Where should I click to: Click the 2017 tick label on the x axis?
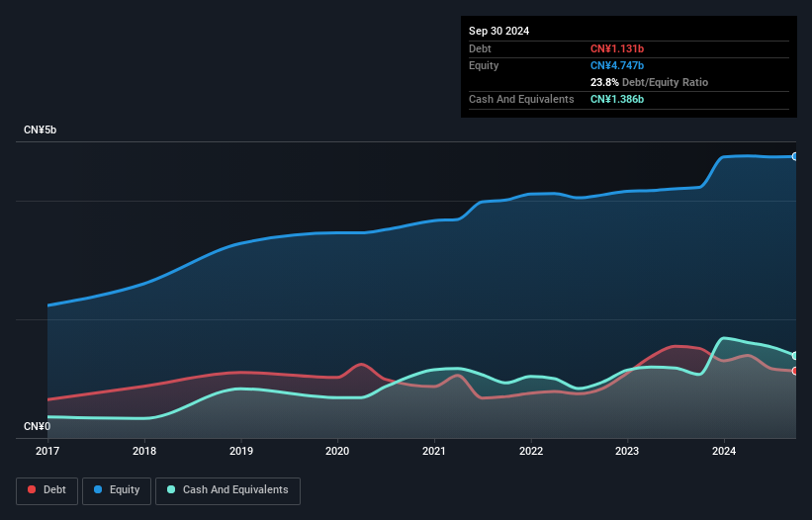click(47, 451)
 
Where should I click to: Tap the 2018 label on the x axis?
click(144, 451)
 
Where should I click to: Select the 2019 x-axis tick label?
click(240, 451)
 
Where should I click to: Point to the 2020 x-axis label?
click(337, 451)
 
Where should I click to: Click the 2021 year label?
click(433, 451)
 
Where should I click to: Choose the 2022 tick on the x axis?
click(530, 451)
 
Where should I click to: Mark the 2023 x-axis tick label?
click(627, 451)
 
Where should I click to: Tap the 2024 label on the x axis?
click(723, 451)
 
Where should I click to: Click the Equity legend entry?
click(117, 490)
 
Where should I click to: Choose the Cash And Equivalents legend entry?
click(227, 490)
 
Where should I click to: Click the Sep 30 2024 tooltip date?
click(498, 31)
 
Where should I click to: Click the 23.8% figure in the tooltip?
click(606, 82)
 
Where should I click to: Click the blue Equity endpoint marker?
click(794, 156)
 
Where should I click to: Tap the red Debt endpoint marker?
click(794, 371)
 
